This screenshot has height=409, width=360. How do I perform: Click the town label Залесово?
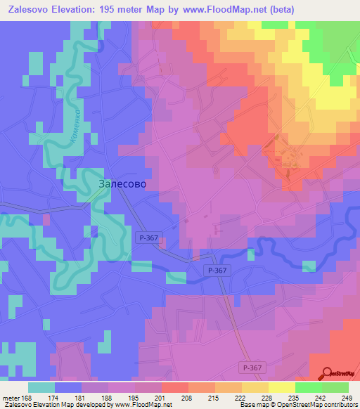click(x=120, y=183)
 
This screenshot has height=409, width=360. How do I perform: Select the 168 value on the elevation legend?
click(x=27, y=397)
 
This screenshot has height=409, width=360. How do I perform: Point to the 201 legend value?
click(x=160, y=397)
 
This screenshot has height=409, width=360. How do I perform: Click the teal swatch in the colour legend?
click(x=41, y=387)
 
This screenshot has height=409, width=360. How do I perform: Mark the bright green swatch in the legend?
click(x=308, y=387)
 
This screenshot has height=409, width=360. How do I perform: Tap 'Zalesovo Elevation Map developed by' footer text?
click(x=42, y=405)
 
